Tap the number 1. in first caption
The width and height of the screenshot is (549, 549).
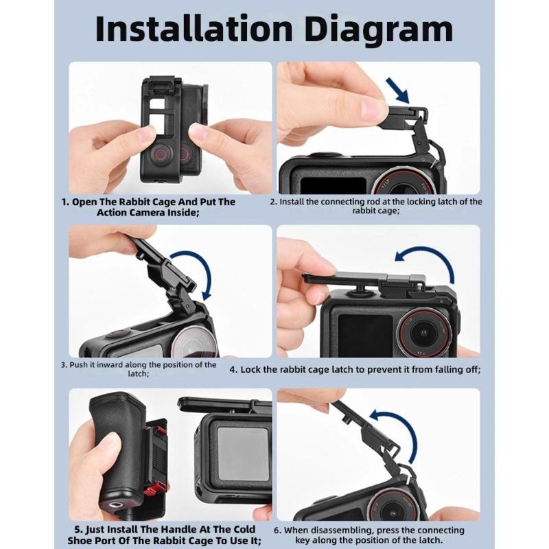(66, 202)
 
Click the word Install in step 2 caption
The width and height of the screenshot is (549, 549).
(296, 202)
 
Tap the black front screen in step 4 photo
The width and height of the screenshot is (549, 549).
(356, 325)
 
